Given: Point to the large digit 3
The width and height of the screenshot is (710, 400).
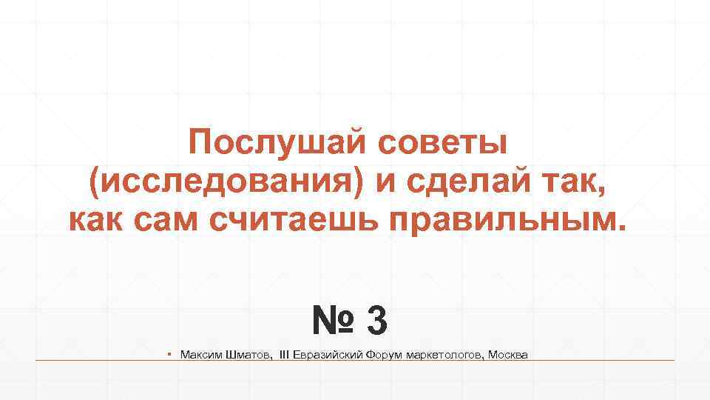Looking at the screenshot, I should pyautogui.click(x=376, y=321).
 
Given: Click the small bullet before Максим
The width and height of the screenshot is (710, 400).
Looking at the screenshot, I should pyautogui.click(x=170, y=355).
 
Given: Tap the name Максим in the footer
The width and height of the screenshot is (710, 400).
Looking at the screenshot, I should pyautogui.click(x=200, y=356).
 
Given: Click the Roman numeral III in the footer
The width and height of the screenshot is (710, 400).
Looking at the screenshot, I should pyautogui.click(x=284, y=356).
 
